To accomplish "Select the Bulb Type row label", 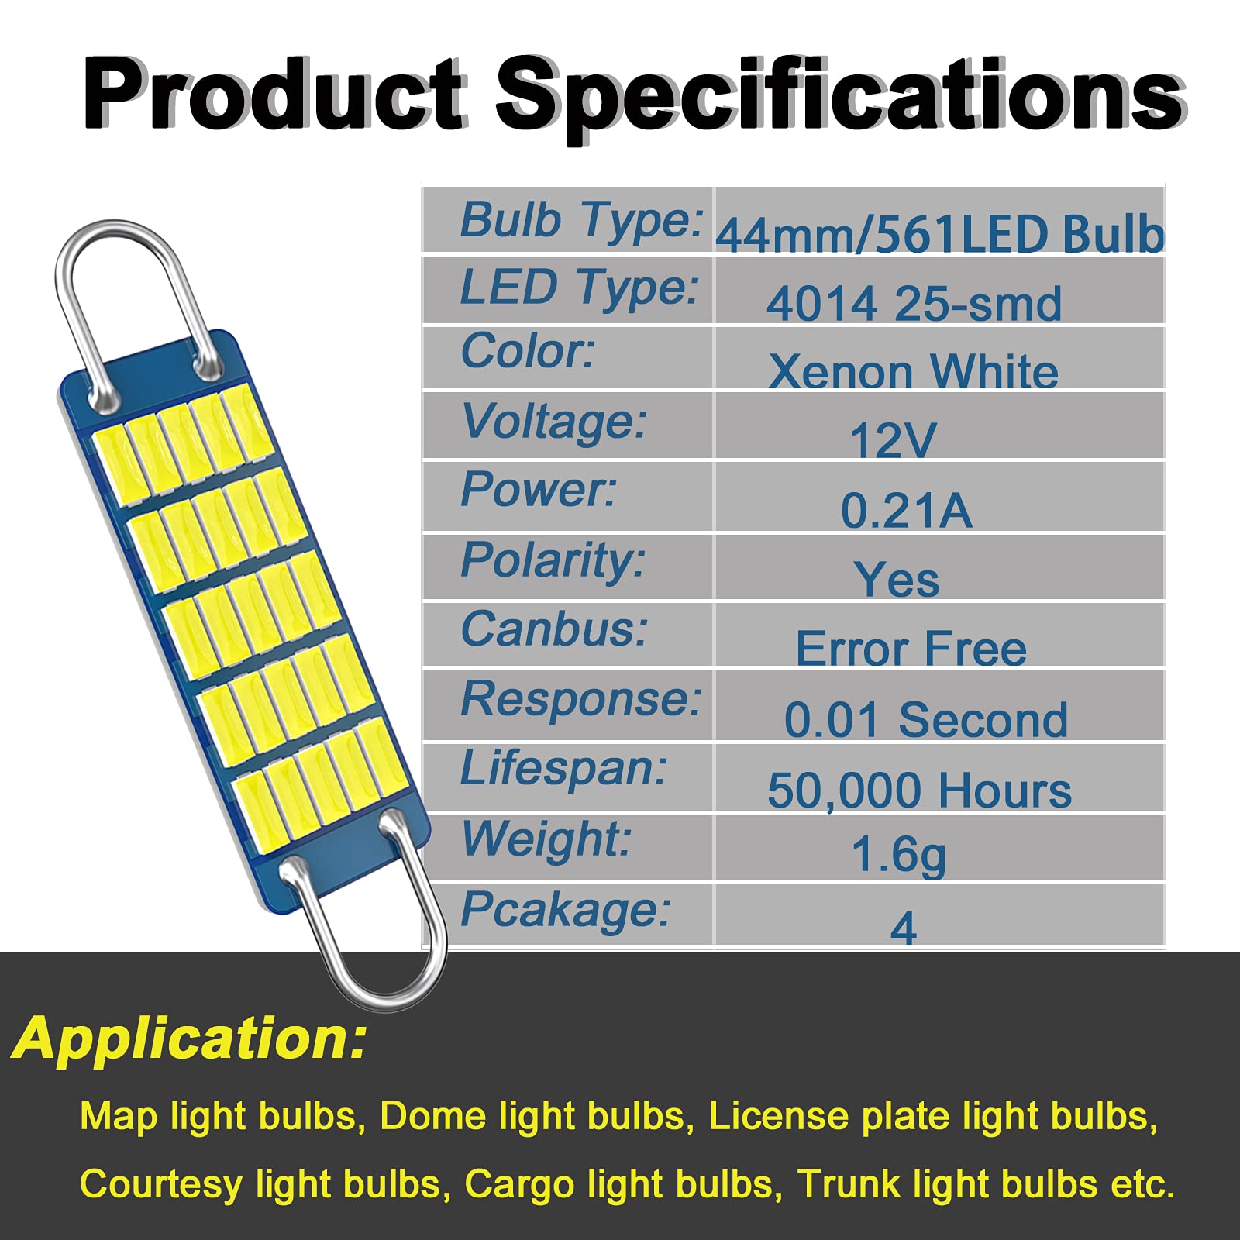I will point(581,219).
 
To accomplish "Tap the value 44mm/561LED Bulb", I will point(939,233).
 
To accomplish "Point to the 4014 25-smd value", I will point(914,303).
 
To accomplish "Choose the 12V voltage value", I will point(893,440).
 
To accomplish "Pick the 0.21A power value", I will point(906,510).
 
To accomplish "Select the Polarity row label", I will point(553,560).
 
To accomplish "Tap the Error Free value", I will point(911,648).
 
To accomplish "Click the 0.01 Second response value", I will point(925,719).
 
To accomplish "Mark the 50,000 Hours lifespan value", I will point(919,790).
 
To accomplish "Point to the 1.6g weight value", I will point(898,855).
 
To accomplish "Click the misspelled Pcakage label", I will point(565,909).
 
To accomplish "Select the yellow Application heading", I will point(190,1038).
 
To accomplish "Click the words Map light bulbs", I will point(218,1117).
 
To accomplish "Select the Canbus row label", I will point(554,629).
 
